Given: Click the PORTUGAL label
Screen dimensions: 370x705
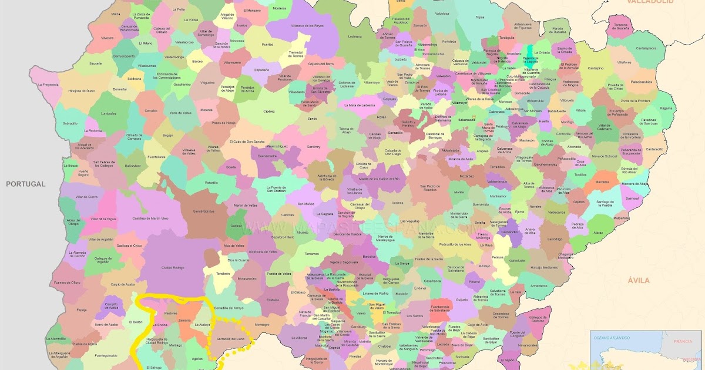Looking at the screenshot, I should point(26,184).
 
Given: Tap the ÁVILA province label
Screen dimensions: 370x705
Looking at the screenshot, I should point(639,281).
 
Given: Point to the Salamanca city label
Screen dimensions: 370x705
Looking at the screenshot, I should point(466,120).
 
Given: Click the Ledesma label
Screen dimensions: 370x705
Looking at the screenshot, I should point(355,36).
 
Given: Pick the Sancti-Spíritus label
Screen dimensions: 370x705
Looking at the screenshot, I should point(205,211).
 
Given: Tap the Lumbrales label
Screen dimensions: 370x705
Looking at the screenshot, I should point(109,113).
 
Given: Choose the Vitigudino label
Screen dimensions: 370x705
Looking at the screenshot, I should point(207,83).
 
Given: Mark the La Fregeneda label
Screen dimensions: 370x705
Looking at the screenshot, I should point(48,85).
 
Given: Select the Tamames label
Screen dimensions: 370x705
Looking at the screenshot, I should point(311,254).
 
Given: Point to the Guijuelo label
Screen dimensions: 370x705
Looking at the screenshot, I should point(462,300).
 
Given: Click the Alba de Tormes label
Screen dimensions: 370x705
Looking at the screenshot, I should point(529,185).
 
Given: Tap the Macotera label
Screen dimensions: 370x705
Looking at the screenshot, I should point(602,182).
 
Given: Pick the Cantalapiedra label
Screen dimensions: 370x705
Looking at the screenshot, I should point(646,48).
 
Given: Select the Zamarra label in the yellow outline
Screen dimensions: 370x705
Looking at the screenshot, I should point(184,320).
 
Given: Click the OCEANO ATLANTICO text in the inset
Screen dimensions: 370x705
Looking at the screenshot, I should point(612,338).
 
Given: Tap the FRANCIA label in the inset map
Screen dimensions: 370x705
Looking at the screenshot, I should point(683,341).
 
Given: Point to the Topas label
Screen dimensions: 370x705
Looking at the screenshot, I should point(480,17).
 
